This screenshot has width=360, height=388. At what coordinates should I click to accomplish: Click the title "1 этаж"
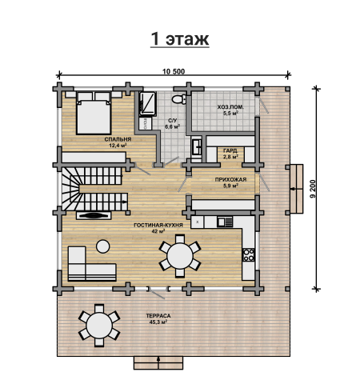(x=180, y=39)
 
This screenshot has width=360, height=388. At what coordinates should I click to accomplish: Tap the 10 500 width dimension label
(x=174, y=71)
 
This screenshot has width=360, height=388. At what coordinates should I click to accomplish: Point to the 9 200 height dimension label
(x=313, y=189)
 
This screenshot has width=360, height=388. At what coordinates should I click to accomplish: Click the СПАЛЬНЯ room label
(x=118, y=139)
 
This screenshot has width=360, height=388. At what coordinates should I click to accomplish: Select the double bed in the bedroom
(x=94, y=113)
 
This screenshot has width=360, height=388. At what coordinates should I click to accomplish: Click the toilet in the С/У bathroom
(x=179, y=99)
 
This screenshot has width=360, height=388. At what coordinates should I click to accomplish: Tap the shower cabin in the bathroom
(x=147, y=104)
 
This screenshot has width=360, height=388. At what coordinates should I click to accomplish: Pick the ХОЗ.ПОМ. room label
(x=230, y=107)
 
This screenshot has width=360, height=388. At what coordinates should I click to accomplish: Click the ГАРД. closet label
(x=230, y=150)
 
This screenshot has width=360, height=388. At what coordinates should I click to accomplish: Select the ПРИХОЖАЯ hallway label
(x=230, y=180)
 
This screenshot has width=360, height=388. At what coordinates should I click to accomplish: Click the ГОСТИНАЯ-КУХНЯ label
(x=158, y=225)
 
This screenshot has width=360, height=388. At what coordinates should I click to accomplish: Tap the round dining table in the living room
(x=180, y=256)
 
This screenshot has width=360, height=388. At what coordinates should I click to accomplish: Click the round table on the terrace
(x=99, y=326)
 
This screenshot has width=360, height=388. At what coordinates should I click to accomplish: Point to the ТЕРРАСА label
(x=158, y=316)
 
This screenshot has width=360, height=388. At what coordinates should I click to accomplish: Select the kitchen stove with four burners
(x=248, y=254)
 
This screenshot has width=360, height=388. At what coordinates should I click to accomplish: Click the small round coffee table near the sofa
(x=102, y=246)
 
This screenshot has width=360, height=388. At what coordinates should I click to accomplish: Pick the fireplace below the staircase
(x=94, y=215)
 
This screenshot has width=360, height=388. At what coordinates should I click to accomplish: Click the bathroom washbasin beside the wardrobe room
(x=198, y=146)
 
